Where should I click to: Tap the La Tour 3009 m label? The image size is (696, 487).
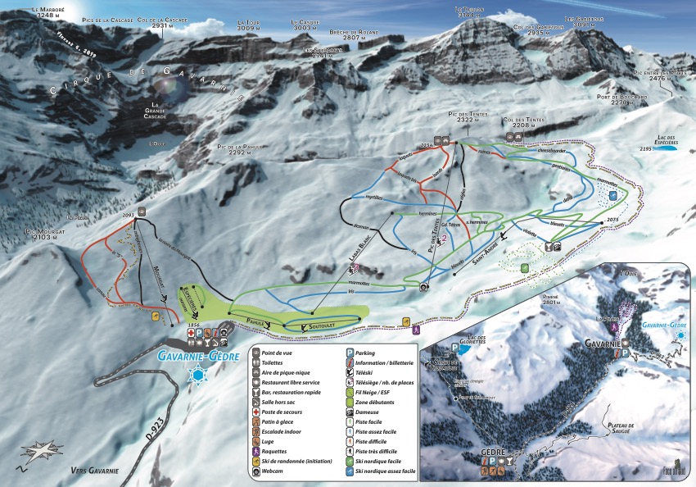coord(248,25)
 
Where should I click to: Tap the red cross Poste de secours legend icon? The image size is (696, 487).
coord(256,412)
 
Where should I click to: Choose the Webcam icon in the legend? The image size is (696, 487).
coord(256,471)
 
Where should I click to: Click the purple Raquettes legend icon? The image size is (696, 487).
coord(256,451)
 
